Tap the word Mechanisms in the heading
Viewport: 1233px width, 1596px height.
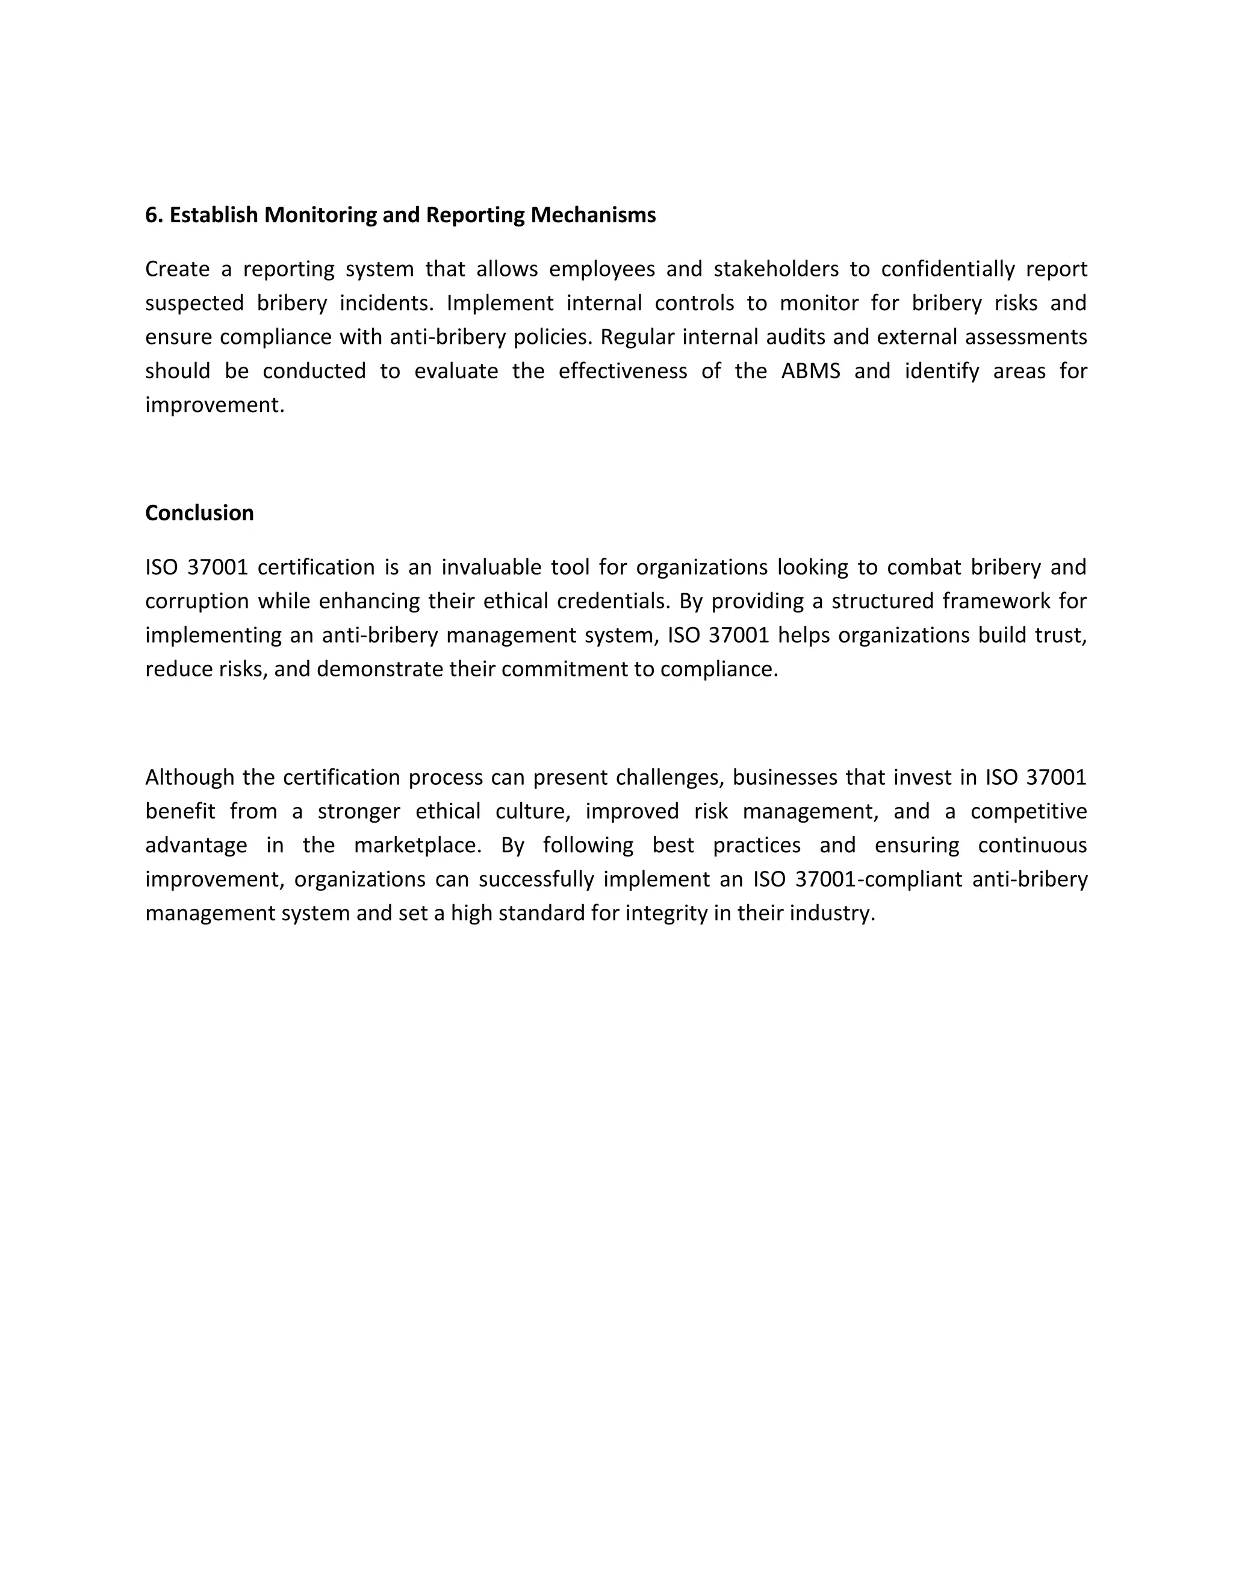click(x=592, y=215)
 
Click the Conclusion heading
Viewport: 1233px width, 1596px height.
click(x=199, y=513)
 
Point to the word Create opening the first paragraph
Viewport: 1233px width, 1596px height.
click(x=177, y=269)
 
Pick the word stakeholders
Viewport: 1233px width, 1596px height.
click(x=775, y=269)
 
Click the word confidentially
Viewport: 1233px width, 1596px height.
click(x=948, y=269)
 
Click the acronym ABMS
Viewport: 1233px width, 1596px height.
click(x=810, y=371)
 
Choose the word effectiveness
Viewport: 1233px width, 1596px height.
click(x=623, y=371)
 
